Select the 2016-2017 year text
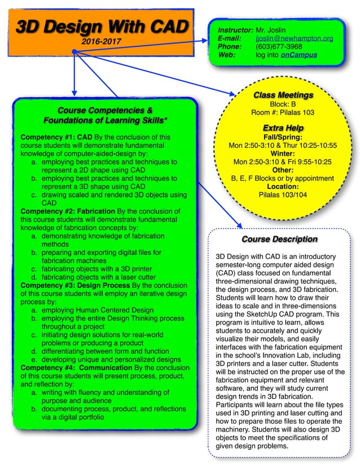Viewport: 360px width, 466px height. pyautogui.click(x=100, y=41)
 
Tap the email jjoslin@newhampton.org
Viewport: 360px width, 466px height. pyautogui.click(x=294, y=38)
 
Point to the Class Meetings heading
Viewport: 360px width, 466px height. pyautogui.click(x=283, y=95)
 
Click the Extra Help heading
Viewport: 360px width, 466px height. pyautogui.click(x=283, y=128)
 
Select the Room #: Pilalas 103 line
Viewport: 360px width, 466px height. pyautogui.click(x=283, y=112)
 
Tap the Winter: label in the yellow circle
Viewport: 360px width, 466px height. pyautogui.click(x=283, y=153)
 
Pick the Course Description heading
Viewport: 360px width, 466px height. pyautogui.click(x=279, y=239)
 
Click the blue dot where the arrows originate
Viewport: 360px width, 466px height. pyautogui.click(x=74, y=52)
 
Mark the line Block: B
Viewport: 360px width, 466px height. pyautogui.click(x=283, y=104)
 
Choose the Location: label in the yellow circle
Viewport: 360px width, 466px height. pyautogui.click(x=283, y=186)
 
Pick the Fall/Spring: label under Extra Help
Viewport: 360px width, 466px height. pyautogui.click(x=283, y=137)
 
